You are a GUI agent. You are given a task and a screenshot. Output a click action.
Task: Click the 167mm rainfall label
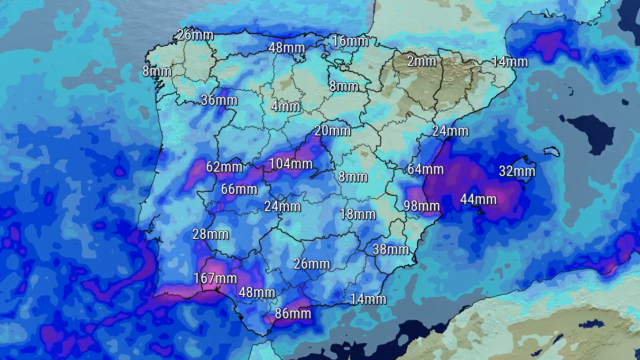coord(215,278)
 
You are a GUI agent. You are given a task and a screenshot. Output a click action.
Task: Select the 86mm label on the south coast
coord(293,314)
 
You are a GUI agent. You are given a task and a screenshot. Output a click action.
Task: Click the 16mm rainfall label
coord(350,41)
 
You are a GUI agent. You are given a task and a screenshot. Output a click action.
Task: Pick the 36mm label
coord(218,100)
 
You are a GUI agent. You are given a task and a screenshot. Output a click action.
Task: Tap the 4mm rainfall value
coord(285,106)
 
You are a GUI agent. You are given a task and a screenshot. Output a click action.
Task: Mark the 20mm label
coord(332,131)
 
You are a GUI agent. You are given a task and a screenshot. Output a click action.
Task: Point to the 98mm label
coord(421,206)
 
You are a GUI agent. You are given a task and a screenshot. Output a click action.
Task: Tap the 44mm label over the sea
coord(478,199)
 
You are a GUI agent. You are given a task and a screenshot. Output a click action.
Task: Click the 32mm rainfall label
coord(517,171)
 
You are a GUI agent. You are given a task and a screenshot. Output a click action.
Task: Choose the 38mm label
coord(390,249)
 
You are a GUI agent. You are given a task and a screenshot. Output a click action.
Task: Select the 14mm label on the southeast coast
coord(368,299)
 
